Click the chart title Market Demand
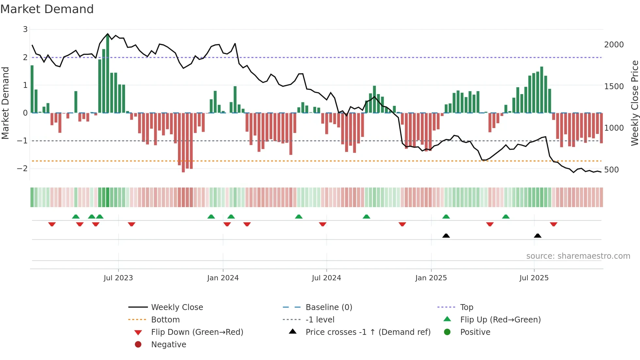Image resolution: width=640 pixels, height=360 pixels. click(x=47, y=9)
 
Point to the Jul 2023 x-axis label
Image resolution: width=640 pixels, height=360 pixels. click(x=118, y=278)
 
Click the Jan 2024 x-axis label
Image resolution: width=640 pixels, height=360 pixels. click(x=223, y=278)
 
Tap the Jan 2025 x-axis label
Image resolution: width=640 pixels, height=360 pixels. click(x=431, y=278)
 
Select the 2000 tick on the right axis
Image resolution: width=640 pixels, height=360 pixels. click(x=614, y=45)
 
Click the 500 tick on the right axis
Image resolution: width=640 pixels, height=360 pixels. click(x=611, y=170)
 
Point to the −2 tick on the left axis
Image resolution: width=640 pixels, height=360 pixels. click(x=22, y=169)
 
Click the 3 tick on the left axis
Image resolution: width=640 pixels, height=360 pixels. click(x=25, y=29)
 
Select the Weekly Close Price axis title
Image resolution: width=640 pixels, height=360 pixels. click(x=634, y=103)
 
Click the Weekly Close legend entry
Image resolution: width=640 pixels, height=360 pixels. click(x=177, y=307)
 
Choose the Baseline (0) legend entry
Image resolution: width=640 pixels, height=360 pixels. click(x=328, y=307)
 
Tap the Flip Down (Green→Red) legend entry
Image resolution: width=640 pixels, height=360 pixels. click(x=197, y=332)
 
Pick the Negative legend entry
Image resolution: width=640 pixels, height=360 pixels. click(x=168, y=345)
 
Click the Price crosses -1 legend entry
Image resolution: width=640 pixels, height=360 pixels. click(x=368, y=332)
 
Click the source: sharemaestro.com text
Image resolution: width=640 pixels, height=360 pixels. click(x=578, y=256)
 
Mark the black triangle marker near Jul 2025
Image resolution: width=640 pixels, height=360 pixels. click(x=537, y=236)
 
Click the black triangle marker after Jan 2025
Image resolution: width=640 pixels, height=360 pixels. click(x=446, y=236)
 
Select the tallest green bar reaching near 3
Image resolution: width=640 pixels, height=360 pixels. click(x=108, y=74)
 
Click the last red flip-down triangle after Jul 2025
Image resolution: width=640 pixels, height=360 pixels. click(x=553, y=224)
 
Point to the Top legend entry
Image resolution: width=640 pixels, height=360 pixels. click(x=466, y=307)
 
